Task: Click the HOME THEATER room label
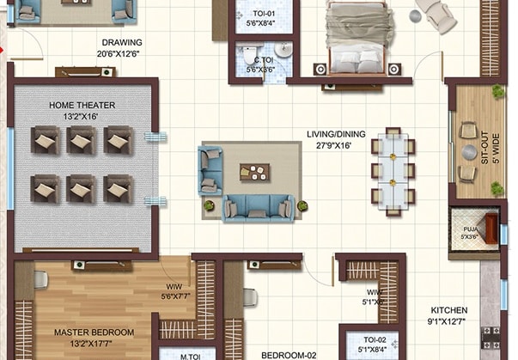(x=82, y=106)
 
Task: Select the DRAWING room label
(x=122, y=42)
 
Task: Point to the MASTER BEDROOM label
(x=94, y=332)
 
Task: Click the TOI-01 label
(x=263, y=15)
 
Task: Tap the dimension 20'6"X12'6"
(x=121, y=53)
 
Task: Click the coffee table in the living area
(x=254, y=172)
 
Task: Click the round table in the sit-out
(x=468, y=152)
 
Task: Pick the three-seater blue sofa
(x=258, y=207)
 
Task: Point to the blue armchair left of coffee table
(x=210, y=169)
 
